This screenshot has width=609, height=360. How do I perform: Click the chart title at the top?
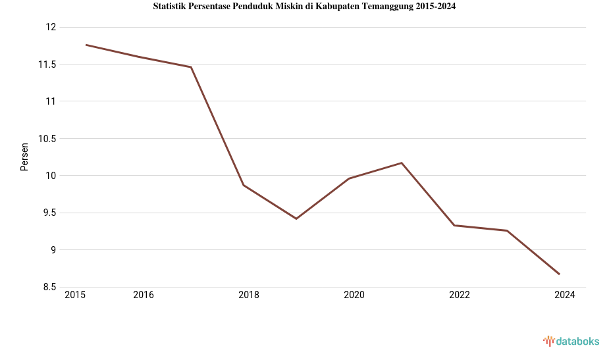304,7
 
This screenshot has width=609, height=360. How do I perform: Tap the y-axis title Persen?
24,157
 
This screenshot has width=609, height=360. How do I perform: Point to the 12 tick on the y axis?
51,27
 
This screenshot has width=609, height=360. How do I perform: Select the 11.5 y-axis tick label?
47,64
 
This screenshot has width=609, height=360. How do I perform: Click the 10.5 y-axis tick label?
47,139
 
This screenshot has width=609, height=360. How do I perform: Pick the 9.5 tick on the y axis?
49,213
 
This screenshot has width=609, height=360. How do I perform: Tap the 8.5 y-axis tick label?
49,287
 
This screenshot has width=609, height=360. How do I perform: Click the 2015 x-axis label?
75,295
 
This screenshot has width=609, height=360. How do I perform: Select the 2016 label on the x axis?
144,295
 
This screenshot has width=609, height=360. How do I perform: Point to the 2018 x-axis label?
249,295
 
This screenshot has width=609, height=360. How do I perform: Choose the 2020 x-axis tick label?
354,295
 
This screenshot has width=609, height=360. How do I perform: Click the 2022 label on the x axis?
460,295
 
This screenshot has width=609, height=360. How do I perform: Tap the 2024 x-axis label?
565,295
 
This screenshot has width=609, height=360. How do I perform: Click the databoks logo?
571,341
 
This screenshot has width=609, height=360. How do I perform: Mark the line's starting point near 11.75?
86,45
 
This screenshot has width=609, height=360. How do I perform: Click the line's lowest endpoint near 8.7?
560,274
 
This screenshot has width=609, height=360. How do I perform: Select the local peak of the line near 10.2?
402,163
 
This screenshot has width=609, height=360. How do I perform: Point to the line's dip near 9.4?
296,219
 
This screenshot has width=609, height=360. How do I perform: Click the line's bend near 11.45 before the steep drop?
191,67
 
